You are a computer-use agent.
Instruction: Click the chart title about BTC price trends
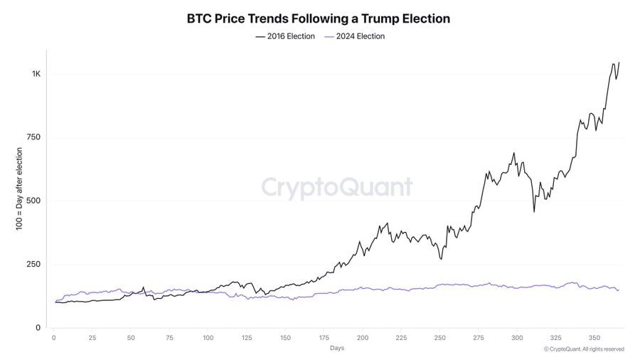318,18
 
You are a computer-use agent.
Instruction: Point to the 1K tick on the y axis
36,74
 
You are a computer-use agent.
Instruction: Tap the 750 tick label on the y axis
34,137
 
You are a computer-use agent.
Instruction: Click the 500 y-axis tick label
34,201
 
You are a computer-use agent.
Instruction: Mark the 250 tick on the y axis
34,264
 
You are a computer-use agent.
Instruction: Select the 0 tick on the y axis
38,328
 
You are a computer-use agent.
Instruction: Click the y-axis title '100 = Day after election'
19,189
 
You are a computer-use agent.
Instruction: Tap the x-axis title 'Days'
337,349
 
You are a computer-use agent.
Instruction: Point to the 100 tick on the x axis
208,338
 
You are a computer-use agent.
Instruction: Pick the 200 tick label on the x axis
362,338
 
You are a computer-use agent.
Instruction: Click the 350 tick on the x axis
594,338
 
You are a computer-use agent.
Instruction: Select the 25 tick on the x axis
92,338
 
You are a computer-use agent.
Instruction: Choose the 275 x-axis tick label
478,338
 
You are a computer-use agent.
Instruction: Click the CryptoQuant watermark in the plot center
336,187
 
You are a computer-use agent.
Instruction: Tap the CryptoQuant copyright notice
583,349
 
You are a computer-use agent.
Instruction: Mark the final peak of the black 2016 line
619,63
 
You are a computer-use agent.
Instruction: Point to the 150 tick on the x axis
285,338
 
